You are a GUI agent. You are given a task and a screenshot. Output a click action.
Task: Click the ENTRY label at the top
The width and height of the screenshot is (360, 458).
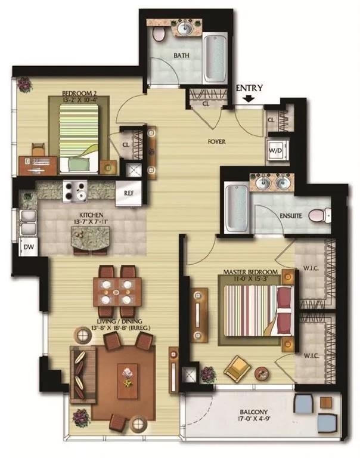click(x=249, y=88)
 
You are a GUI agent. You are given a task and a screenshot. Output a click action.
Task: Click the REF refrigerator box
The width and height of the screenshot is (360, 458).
click(x=129, y=193)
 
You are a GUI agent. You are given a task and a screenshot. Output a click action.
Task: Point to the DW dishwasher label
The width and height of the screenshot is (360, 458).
click(x=27, y=246)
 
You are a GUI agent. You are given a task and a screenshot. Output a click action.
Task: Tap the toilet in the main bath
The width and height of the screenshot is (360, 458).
click(x=159, y=34)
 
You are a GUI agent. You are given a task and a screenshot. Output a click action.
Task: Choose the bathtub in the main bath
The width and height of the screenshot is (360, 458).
click(x=214, y=52)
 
